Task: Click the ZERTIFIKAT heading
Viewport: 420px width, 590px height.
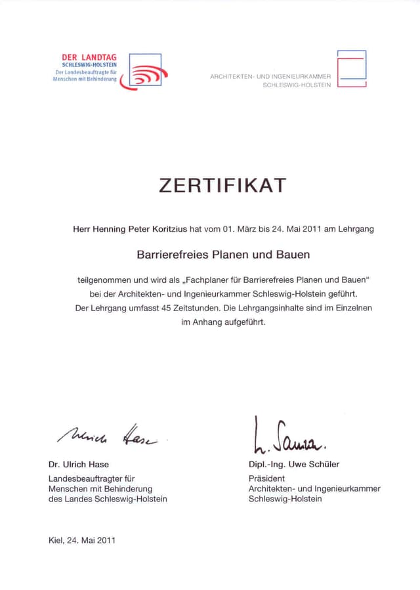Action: pos(222,186)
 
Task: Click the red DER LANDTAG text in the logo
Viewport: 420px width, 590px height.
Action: pos(89,58)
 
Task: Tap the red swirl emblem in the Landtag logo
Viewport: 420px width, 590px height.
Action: pos(146,74)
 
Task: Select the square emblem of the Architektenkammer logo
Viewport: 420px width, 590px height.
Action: pos(352,68)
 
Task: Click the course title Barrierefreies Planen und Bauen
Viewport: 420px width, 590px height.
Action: pos(223,254)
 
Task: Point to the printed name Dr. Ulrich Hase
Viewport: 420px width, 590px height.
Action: pos(79,465)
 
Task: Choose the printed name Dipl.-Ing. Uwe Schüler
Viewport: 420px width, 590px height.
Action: pos(294,465)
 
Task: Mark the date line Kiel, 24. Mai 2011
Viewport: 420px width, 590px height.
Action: pos(82,541)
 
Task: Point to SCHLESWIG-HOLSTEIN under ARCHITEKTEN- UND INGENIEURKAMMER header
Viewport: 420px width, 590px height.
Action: pos(297,85)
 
